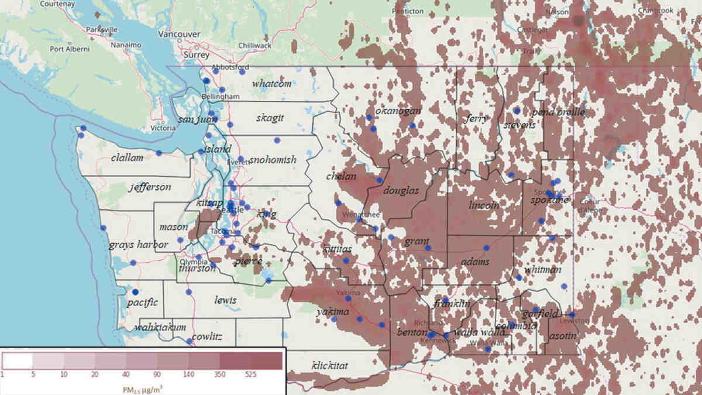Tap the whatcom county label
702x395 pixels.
[271, 84]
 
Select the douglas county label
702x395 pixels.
[401, 191]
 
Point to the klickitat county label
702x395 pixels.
[330, 365]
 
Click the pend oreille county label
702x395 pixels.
[558, 112]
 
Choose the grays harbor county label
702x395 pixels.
[138, 245]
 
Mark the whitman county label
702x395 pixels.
[542, 269]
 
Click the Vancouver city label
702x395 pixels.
[180, 34]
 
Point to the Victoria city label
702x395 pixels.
[163, 128]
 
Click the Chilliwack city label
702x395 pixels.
[254, 45]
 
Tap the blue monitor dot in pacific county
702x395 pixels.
[135, 291]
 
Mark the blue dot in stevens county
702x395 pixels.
[517, 111]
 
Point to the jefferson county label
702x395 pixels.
[151, 187]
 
